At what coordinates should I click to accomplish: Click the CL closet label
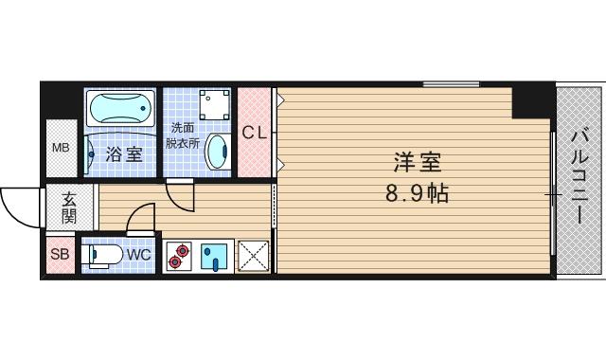254,133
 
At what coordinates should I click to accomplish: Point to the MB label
61,148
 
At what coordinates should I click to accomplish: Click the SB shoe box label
60,254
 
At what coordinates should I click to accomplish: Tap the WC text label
137,254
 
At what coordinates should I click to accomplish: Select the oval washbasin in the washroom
218,150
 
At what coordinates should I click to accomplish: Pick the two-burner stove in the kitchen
180,256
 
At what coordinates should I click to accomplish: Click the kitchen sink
216,257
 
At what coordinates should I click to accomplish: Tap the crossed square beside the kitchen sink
253,257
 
